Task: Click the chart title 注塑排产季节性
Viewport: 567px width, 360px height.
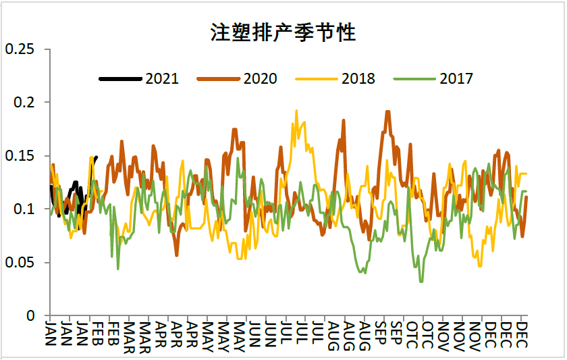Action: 283,32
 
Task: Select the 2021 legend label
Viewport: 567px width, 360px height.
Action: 162,79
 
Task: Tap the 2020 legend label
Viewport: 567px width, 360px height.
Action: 260,79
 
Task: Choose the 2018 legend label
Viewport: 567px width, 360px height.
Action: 358,79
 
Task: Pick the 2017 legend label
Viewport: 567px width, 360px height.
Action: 456,79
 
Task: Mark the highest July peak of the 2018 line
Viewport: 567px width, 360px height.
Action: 296,111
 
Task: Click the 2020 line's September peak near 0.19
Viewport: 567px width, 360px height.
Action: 387,111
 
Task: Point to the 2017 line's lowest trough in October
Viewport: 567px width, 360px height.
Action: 422,281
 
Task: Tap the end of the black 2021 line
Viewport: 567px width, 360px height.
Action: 96,157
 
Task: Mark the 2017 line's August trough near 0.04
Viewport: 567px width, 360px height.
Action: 364,273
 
